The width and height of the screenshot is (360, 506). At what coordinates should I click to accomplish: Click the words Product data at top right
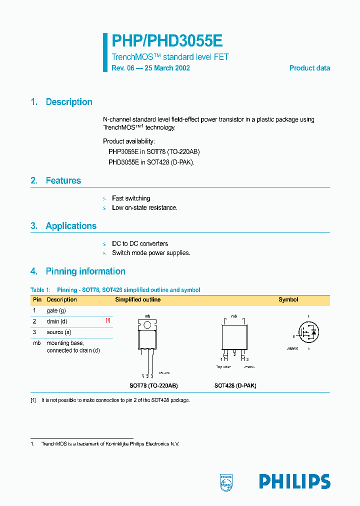point(309,68)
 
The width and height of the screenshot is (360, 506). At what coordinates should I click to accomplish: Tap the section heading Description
point(69,102)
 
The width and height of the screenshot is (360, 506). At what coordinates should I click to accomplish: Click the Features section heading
point(63,180)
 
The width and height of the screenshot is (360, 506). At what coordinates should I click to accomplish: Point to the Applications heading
point(71,226)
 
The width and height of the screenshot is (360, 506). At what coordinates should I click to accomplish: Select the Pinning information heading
point(85,271)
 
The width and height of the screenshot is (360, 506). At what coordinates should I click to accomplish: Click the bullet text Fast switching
point(131,198)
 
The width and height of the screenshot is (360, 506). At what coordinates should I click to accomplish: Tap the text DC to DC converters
point(140,243)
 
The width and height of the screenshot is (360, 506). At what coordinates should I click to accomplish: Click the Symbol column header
point(288,300)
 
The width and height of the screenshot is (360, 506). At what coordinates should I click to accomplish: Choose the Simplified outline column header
point(138,300)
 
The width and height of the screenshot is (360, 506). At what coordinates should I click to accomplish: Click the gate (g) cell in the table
point(56,310)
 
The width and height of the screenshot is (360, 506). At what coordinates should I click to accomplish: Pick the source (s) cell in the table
point(59,332)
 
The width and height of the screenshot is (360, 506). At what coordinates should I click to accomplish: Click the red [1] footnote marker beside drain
point(108,320)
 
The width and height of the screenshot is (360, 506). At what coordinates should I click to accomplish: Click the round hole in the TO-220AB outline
point(147,325)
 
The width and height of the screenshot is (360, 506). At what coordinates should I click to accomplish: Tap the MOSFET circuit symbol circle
point(308,331)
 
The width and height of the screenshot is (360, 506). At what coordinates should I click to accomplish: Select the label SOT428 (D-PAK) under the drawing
point(235,386)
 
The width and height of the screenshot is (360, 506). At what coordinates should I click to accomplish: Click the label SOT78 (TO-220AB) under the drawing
point(153,386)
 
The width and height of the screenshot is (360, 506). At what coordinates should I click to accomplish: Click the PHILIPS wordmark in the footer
point(294,481)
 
